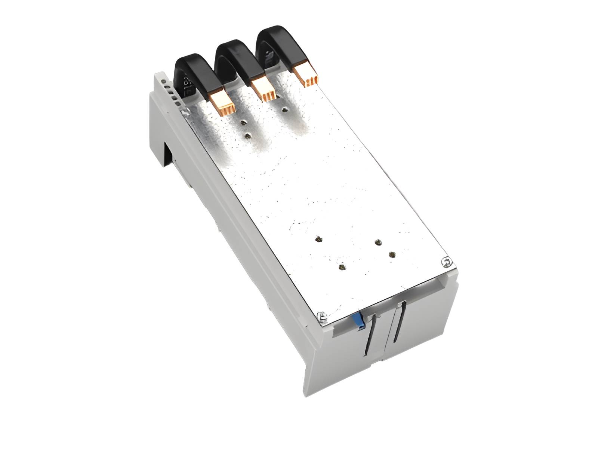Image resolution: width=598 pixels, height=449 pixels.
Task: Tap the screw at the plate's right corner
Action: [x=446, y=262]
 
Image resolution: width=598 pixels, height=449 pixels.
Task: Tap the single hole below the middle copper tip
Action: [x=285, y=110]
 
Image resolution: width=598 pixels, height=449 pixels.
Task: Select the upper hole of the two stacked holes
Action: [x=244, y=122]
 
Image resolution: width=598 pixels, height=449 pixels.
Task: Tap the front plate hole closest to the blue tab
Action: [x=341, y=267]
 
